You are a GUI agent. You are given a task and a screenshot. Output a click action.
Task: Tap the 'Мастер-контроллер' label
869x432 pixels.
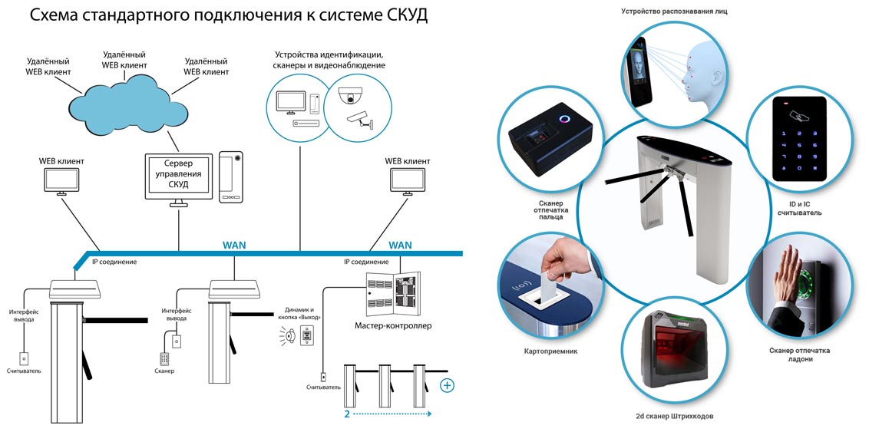[393, 325]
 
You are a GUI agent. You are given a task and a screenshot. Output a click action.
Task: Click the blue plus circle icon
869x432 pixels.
[447, 384]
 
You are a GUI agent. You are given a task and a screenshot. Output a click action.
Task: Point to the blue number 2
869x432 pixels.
[347, 413]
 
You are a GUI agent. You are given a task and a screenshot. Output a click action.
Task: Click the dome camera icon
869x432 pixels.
[352, 95]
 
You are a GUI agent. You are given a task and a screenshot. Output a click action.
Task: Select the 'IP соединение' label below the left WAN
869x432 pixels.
[114, 262]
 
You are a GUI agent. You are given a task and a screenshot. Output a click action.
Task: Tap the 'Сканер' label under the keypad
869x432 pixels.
[164, 371]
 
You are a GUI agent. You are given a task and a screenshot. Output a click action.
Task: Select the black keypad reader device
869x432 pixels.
[798, 138]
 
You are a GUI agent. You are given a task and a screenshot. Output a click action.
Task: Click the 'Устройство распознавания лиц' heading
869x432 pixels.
[674, 11]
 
